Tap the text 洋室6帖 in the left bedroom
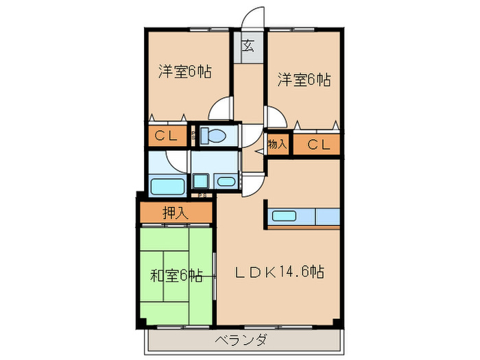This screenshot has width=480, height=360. tap(184, 71)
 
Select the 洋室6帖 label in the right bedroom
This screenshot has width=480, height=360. tap(304, 80)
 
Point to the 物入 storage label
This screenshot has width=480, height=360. tap(277, 144)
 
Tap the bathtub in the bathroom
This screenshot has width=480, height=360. tap(166, 187)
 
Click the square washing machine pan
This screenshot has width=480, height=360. tap(202, 181)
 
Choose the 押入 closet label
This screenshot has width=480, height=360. tap(175, 213)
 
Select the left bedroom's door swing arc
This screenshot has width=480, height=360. tap(221, 110)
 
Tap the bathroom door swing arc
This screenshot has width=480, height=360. tap(178, 159)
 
